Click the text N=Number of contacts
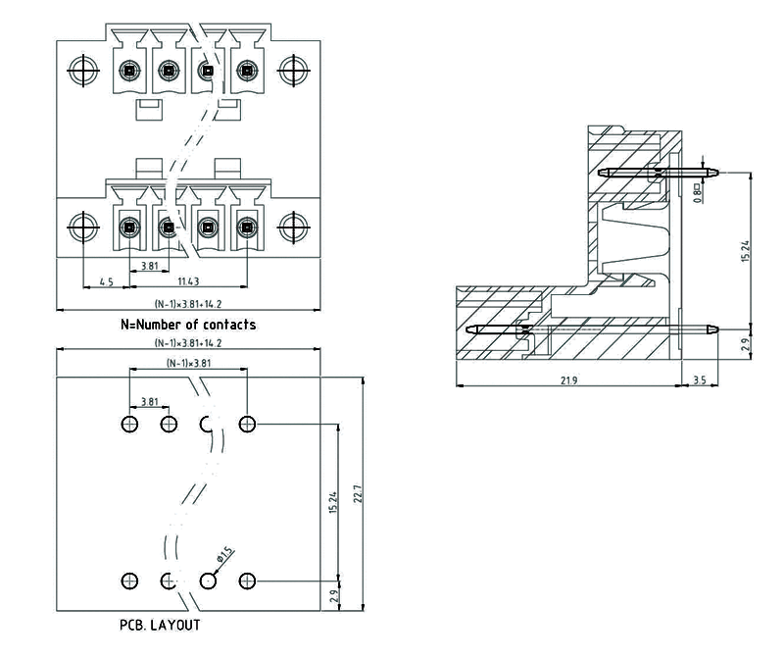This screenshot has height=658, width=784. (x=188, y=324)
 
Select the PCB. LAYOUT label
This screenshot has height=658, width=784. (x=160, y=625)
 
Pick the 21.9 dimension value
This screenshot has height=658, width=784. (x=568, y=380)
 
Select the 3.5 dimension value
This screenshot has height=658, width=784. (x=700, y=380)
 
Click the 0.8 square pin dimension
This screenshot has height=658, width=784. (x=697, y=189)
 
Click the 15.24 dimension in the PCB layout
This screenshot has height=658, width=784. (x=334, y=501)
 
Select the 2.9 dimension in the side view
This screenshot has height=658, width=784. (x=745, y=345)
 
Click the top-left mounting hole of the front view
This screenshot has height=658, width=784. (x=82, y=70)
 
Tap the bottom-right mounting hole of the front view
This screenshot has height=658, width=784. (x=291, y=228)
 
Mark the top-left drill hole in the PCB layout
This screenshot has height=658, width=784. (x=130, y=425)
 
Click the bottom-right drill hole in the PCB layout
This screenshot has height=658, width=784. (x=247, y=581)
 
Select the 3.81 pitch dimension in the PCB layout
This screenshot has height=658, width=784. (x=149, y=402)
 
